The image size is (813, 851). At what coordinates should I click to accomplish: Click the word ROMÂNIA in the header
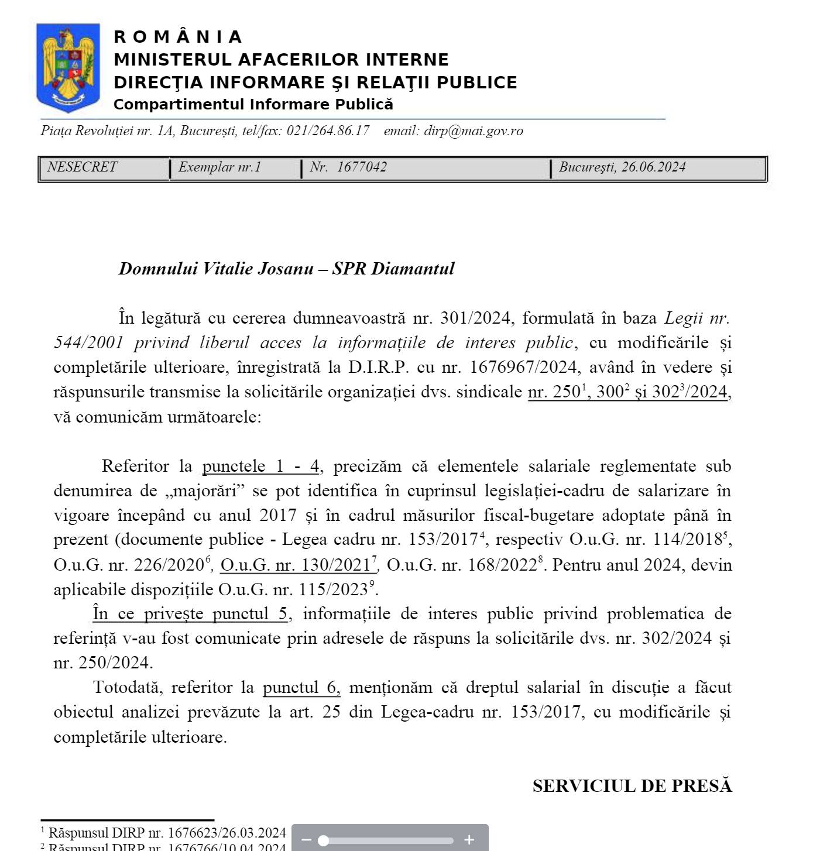coord(177,37)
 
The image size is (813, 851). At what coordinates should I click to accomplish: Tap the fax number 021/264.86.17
coord(328,131)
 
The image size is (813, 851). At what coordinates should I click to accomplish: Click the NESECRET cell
coord(82,167)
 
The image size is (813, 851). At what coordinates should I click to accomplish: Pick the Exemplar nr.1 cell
coord(219,167)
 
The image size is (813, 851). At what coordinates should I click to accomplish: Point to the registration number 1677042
coord(362,167)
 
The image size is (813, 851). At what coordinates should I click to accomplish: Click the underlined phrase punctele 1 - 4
coord(260,466)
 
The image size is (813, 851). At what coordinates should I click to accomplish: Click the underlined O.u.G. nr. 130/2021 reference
coord(296,565)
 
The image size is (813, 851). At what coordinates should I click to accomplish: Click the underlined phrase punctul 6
coord(301,688)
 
